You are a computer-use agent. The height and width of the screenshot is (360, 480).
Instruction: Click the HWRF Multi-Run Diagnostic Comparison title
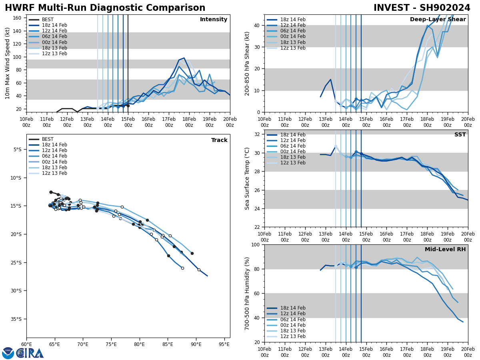click(x=105, y=8)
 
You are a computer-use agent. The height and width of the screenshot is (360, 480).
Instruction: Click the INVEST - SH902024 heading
click(x=422, y=8)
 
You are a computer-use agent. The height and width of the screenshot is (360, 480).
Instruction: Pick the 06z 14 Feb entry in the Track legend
click(x=54, y=156)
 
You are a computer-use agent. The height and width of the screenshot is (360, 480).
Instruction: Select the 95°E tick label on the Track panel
click(x=224, y=344)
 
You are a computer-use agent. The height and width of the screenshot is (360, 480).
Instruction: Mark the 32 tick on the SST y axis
click(x=258, y=134)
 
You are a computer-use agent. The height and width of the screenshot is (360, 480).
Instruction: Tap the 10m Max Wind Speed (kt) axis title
click(x=8, y=63)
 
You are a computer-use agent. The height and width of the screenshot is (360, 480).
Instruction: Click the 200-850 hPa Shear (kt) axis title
click(x=248, y=63)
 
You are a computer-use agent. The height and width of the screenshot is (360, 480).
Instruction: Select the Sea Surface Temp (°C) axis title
click(x=248, y=178)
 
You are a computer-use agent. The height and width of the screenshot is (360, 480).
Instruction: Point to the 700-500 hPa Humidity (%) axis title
click(x=248, y=293)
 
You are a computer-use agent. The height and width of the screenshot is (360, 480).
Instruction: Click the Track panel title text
click(x=219, y=140)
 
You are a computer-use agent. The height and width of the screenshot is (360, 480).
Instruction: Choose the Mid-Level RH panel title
click(x=445, y=250)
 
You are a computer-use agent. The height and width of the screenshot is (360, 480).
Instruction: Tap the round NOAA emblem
click(x=8, y=353)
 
